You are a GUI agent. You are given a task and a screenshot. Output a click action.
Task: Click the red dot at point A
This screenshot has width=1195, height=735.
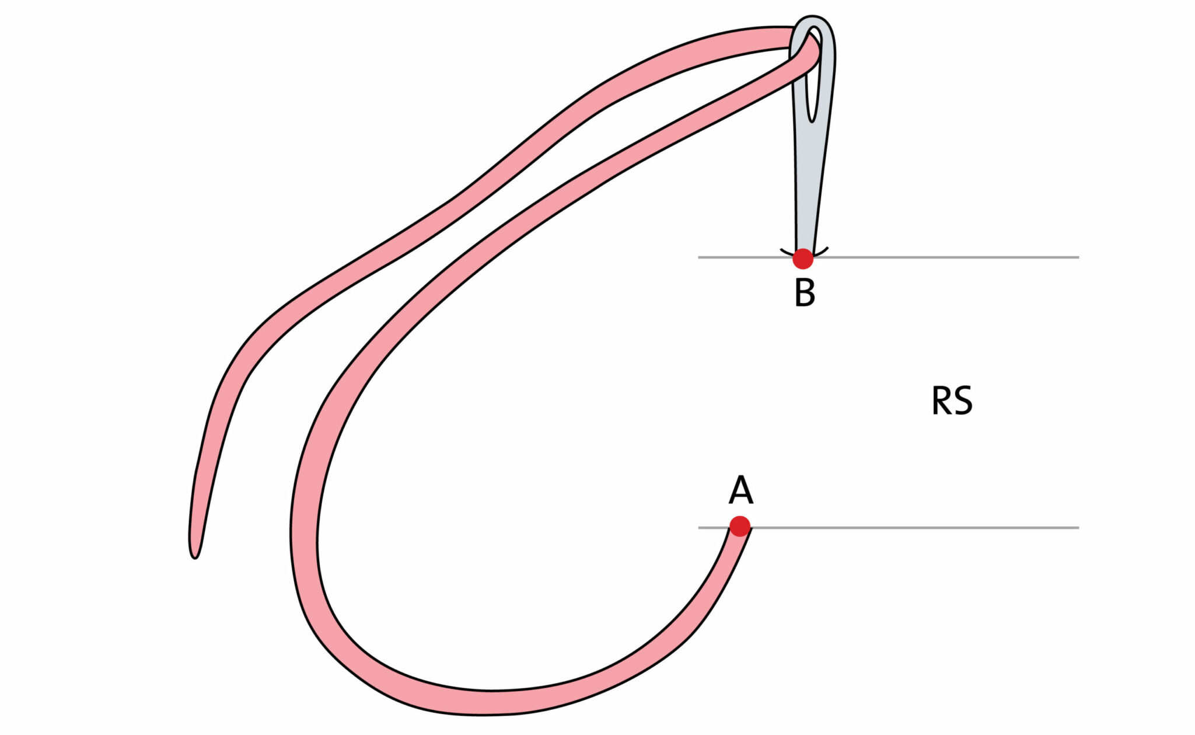point(740,526)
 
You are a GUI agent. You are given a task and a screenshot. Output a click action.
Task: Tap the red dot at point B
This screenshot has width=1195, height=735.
point(803,258)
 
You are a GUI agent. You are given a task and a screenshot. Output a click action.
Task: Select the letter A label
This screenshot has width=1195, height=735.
point(740,490)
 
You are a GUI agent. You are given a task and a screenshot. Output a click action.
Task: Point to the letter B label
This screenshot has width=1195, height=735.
point(805,292)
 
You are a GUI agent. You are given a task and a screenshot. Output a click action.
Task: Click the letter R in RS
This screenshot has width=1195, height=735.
point(941,401)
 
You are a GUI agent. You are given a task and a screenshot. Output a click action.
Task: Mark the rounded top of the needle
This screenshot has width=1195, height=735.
point(815,20)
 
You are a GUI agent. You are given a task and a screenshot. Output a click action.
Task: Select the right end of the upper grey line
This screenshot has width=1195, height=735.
point(1078,257)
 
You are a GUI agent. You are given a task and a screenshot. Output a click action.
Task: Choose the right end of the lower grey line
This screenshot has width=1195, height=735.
point(1078,528)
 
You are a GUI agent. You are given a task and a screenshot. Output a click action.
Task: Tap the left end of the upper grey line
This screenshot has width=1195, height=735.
point(700,257)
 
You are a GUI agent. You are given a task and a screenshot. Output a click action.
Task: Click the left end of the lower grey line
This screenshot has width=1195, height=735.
point(700,528)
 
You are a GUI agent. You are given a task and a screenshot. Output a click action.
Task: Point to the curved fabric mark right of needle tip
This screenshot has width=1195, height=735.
point(822,252)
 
